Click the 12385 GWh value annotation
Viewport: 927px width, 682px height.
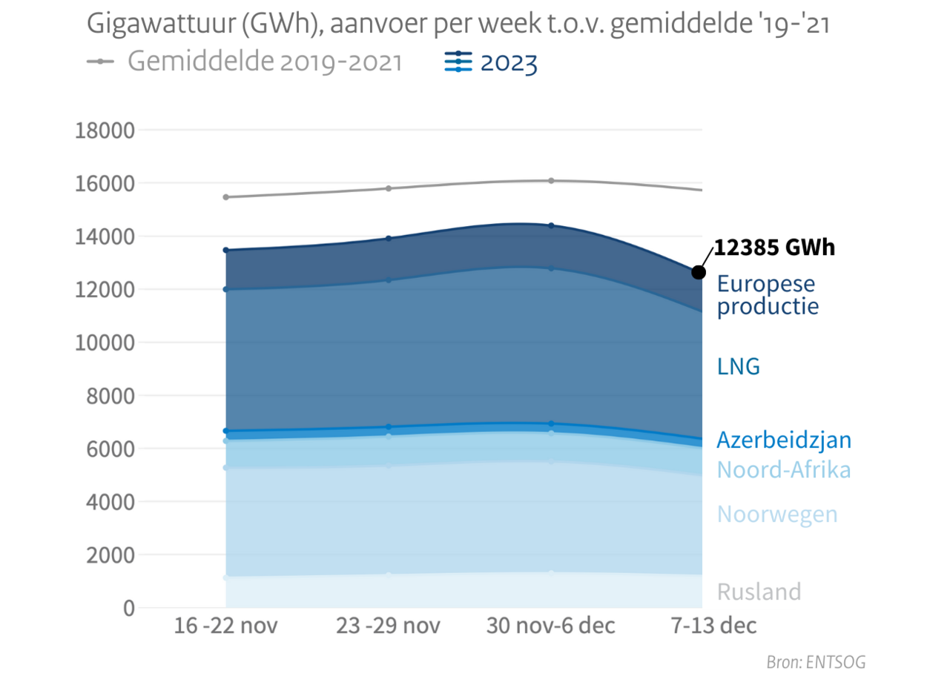pyautogui.click(x=774, y=248)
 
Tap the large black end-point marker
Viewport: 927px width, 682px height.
pyautogui.click(x=699, y=273)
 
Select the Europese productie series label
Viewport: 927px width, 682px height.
pyautogui.click(x=767, y=295)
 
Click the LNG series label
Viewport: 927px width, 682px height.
pyautogui.click(x=738, y=366)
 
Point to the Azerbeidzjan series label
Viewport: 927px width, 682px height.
pyautogui.click(x=783, y=440)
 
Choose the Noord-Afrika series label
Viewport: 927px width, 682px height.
pyautogui.click(x=783, y=469)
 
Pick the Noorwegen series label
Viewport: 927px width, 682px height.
pyautogui.click(x=776, y=514)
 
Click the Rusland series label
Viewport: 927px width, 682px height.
pyautogui.click(x=759, y=592)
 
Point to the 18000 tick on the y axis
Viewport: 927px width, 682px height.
pyautogui.click(x=105, y=130)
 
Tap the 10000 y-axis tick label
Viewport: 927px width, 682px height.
pyautogui.click(x=105, y=342)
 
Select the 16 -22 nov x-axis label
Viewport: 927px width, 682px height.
pyautogui.click(x=225, y=626)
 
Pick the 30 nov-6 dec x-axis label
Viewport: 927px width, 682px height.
pyautogui.click(x=550, y=626)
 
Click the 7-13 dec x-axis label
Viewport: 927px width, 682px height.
pyautogui.click(x=713, y=626)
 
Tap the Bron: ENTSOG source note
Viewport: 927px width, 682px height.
pyautogui.click(x=816, y=662)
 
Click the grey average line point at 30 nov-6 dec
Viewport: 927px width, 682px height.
pyautogui.click(x=551, y=180)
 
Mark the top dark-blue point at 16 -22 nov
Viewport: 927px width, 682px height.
pyautogui.click(x=226, y=251)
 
